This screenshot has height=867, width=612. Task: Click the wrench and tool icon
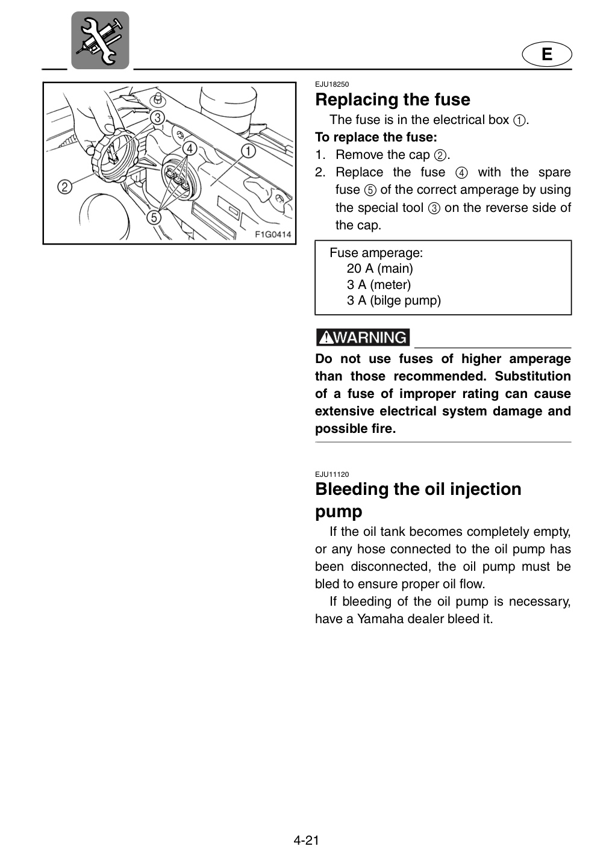pyautogui.click(x=100, y=40)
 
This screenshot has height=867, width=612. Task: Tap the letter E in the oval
pyautogui.click(x=546, y=54)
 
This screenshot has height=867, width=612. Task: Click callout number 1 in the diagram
pyautogui.click(x=248, y=151)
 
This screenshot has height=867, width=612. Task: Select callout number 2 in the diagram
pyautogui.click(x=64, y=187)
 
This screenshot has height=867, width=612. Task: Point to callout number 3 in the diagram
pyautogui.click(x=157, y=117)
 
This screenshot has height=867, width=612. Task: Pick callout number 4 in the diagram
pyautogui.click(x=189, y=149)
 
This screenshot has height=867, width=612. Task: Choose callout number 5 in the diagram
pyautogui.click(x=154, y=217)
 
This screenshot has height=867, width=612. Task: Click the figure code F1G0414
pyautogui.click(x=273, y=234)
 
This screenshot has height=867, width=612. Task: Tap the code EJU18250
pyautogui.click(x=332, y=84)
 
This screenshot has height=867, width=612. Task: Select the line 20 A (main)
pyautogui.click(x=379, y=269)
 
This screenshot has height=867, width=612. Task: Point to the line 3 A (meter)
pyautogui.click(x=379, y=284)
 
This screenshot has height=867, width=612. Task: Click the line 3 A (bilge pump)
pyautogui.click(x=393, y=301)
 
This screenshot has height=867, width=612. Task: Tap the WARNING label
pyautogui.click(x=363, y=337)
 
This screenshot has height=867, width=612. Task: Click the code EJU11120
pyautogui.click(x=332, y=474)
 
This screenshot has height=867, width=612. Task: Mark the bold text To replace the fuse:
pyautogui.click(x=376, y=137)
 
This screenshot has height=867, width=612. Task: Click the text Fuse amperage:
pyautogui.click(x=376, y=253)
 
